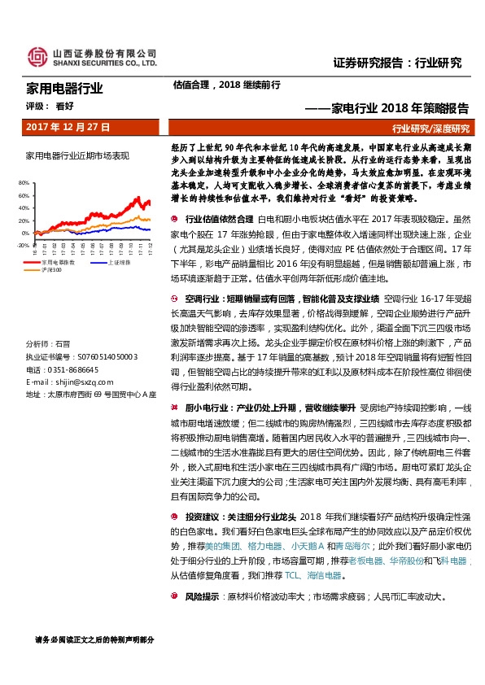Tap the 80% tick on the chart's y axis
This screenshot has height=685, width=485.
pyautogui.click(x=23, y=184)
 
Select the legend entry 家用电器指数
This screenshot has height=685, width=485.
pyautogui.click(x=59, y=262)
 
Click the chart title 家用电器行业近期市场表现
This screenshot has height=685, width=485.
pyautogui.click(x=77, y=155)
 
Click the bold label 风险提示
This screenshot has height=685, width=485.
pyautogui.click(x=202, y=596)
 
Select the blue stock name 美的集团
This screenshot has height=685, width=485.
pyautogui.click(x=224, y=545)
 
